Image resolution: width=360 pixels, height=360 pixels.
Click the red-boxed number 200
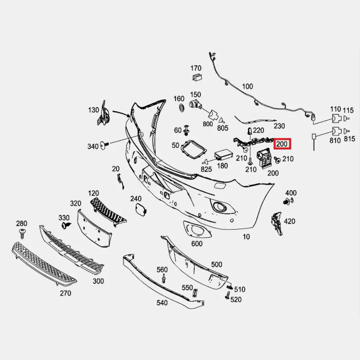click(282, 144)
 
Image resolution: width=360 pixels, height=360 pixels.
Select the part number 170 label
click(196, 68)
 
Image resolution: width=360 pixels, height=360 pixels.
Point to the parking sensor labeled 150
click(196, 104)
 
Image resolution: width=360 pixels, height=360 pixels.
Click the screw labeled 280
click(23, 233)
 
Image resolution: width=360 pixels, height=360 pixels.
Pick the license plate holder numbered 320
click(94, 229)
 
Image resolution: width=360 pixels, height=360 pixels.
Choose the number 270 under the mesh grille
click(65, 293)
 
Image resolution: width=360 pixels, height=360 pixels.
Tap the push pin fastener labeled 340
click(105, 145)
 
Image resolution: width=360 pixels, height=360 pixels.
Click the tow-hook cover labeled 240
click(140, 209)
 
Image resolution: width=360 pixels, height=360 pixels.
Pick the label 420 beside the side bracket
click(289, 221)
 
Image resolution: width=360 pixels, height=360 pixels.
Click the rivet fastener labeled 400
click(288, 201)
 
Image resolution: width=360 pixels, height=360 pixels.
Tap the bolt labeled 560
click(164, 278)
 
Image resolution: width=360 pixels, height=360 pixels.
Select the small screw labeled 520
click(228, 296)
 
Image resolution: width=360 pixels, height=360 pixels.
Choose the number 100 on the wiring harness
click(248, 87)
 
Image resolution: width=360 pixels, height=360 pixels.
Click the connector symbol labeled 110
click(336, 119)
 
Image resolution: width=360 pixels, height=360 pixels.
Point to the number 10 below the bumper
click(246, 237)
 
